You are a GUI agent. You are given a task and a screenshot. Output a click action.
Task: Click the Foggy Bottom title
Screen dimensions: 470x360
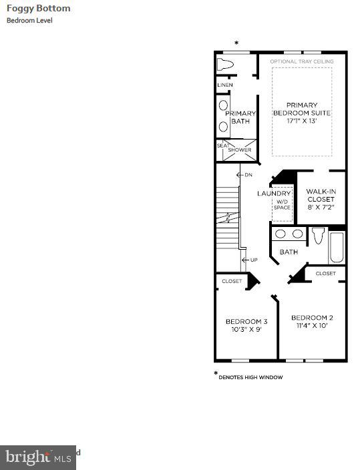[38, 9]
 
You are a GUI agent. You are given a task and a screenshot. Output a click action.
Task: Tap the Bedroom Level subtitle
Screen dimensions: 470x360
[29, 21]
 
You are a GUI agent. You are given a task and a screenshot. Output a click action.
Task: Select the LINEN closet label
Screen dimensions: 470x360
[224, 85]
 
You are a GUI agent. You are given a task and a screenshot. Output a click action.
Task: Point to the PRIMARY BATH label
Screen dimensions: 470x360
[240, 117]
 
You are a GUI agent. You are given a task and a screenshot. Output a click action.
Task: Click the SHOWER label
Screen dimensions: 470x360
[240, 150]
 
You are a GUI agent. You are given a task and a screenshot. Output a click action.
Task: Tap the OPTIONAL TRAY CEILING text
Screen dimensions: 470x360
[301, 62]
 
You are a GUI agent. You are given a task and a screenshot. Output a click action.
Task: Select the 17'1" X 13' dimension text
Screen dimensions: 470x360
[301, 122]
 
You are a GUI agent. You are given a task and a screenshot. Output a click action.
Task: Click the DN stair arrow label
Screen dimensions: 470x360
[248, 175]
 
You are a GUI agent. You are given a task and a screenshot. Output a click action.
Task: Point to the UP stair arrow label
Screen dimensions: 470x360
[253, 260]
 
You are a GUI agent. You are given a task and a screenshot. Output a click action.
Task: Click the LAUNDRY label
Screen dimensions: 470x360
[274, 194]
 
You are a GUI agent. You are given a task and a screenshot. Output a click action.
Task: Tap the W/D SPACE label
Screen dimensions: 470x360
[282, 204]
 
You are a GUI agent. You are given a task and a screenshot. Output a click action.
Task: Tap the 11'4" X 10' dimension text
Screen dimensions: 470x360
[312, 326]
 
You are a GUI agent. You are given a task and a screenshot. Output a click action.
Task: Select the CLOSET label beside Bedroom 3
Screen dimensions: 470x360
[232, 281]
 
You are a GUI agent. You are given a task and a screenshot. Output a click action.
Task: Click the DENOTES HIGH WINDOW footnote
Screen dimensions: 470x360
[250, 377]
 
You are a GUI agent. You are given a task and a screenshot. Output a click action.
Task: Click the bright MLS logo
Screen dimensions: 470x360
[38, 457]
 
